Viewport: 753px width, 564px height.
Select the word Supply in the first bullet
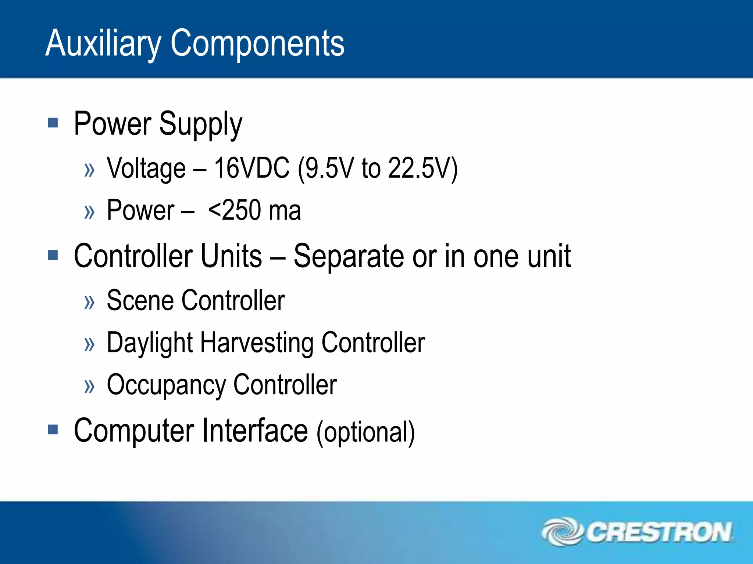pyautogui.click(x=200, y=124)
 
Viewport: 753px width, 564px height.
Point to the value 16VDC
pyautogui.click(x=251, y=168)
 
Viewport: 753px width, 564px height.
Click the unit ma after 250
pyautogui.click(x=285, y=211)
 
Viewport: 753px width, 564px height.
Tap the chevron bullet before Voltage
pyautogui.click(x=89, y=170)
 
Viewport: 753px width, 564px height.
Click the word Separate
pyautogui.click(x=349, y=257)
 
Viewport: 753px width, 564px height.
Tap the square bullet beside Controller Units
pyautogui.click(x=53, y=255)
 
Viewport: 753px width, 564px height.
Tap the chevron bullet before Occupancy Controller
pyautogui.click(x=89, y=386)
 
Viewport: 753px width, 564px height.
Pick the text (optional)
pyautogui.click(x=365, y=433)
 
